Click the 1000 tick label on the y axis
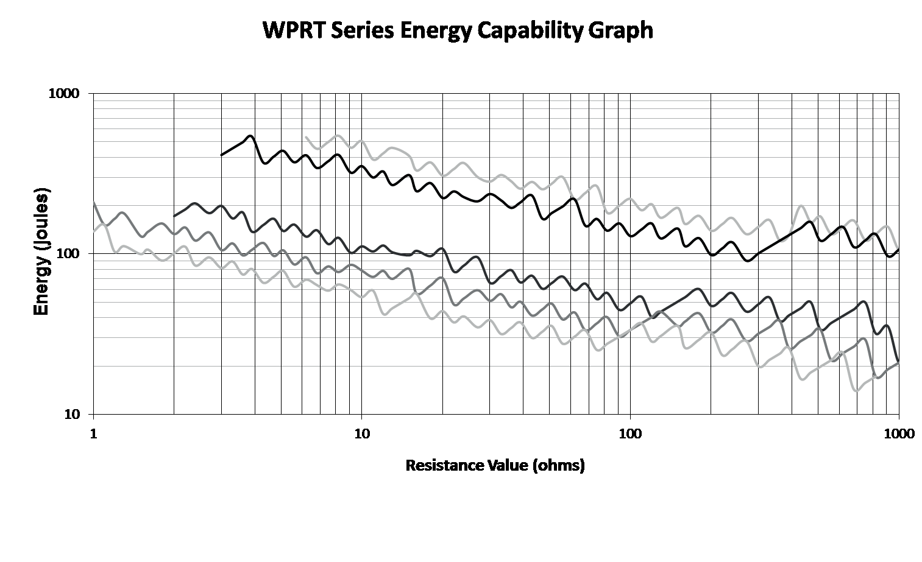tap(63, 94)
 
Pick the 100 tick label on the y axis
tap(68, 254)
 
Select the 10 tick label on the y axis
tap(72, 415)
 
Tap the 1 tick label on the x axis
tap(93, 434)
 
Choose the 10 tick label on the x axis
tap(361, 434)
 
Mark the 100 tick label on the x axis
tap(630, 434)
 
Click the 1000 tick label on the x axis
tap(899, 434)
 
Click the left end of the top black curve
tap(221, 155)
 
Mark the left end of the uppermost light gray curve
tap(306, 138)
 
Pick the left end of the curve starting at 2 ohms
tap(174, 216)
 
